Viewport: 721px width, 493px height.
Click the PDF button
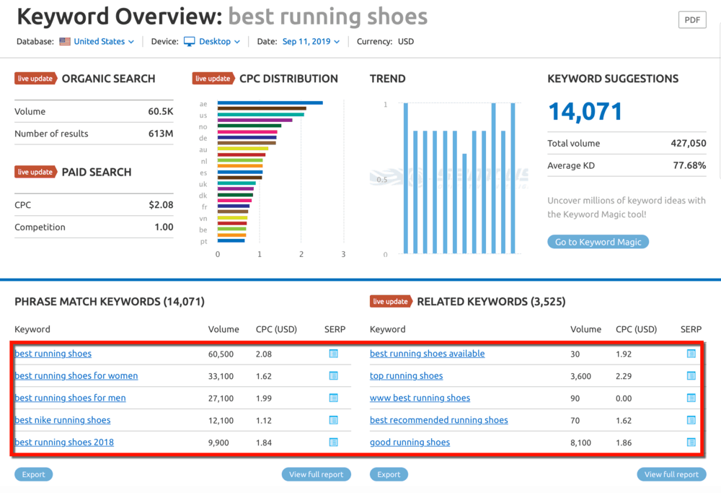(x=691, y=19)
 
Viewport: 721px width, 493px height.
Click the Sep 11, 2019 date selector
(x=311, y=42)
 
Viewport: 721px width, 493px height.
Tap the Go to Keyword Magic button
(x=598, y=242)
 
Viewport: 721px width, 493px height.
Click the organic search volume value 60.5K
(x=161, y=112)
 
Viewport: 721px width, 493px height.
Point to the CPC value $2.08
(x=161, y=205)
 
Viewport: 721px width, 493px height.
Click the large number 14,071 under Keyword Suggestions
(x=585, y=111)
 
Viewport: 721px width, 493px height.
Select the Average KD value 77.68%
(x=689, y=165)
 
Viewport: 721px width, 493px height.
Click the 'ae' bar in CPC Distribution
(x=270, y=103)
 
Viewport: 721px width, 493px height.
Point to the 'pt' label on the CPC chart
(x=204, y=242)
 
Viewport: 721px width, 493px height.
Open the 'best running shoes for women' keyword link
(x=76, y=376)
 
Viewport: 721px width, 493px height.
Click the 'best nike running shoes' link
(x=62, y=420)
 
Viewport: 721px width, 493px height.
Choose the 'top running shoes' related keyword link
(x=406, y=376)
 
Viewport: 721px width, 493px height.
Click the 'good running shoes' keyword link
(x=410, y=442)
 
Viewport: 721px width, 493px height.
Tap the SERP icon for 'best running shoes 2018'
(x=333, y=442)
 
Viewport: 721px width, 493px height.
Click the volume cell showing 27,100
(x=221, y=398)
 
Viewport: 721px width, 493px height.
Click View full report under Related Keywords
(x=671, y=474)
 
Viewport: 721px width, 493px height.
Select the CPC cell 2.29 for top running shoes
(x=624, y=376)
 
